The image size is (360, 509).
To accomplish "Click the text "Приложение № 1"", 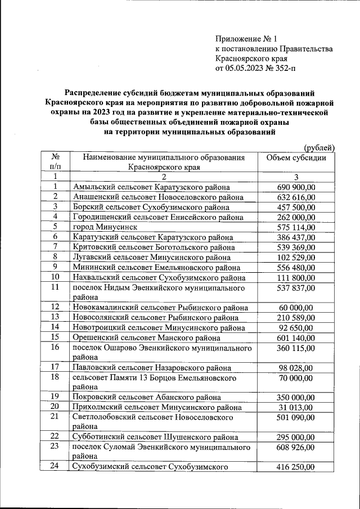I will pos(246,39).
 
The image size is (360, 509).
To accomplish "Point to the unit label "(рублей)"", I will pos(319,147).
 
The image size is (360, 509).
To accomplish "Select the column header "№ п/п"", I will pos(56,162).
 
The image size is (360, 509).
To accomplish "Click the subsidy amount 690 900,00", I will pos(296,187).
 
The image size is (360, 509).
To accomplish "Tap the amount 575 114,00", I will pos(296,227).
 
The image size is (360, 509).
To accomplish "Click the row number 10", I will pos(56,277).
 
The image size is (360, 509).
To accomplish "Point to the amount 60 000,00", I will pos(296,307).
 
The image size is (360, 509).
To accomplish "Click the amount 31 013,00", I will pos(296,407).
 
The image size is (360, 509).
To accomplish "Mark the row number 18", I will pos(56,377).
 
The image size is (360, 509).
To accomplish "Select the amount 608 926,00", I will pos(296,447).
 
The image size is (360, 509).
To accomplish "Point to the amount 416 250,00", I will pos(296,467).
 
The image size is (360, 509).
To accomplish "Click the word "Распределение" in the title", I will pos(93,93).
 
